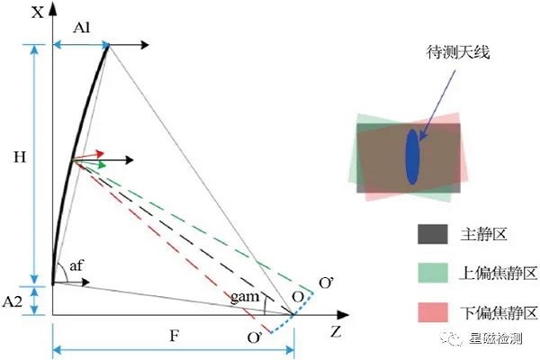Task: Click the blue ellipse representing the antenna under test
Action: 412,158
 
